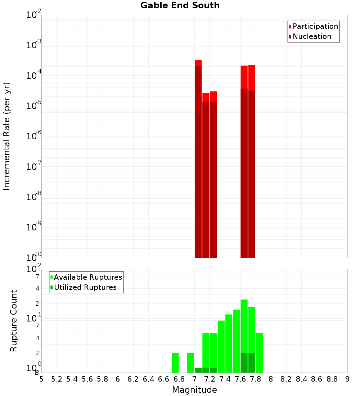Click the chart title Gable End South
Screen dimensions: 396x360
pyautogui.click(x=180, y=5)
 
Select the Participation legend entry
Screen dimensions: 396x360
pyautogui.click(x=315, y=26)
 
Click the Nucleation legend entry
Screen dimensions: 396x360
pyautogui.click(x=311, y=36)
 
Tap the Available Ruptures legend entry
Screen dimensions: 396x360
pyautogui.click(x=87, y=277)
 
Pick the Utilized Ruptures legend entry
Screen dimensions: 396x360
pyautogui.click(x=85, y=287)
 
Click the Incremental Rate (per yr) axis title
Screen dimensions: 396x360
pyautogui.click(x=7, y=136)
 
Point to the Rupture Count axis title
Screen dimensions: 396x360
pyautogui.click(x=14, y=321)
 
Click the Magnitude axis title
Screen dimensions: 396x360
pyautogui.click(x=194, y=390)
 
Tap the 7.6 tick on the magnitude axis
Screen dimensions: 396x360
pyautogui.click(x=240, y=379)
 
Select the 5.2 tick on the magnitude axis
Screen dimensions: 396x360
pyautogui.click(x=57, y=379)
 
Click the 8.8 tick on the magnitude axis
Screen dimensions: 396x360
pyautogui.click(x=332, y=379)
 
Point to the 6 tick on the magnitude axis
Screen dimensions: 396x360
pyautogui.click(x=118, y=379)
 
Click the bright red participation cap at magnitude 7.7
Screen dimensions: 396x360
pyautogui.click(x=252, y=77)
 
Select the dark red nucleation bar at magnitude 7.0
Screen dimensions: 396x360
pyautogui.click(x=198, y=162)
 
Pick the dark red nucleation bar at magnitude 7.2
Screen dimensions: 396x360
pyautogui.click(x=213, y=180)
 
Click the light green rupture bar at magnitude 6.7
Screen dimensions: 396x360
pyautogui.click(x=175, y=363)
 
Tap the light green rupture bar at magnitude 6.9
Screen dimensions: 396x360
pyautogui.click(x=190, y=363)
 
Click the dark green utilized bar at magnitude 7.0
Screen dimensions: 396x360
pyautogui.click(x=198, y=370)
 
